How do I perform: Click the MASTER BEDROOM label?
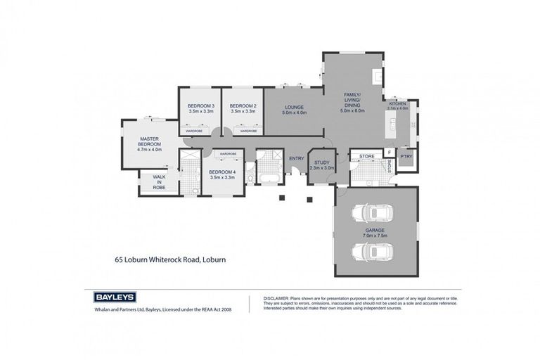click(x=150, y=144)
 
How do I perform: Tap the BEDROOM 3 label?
click(x=200, y=108)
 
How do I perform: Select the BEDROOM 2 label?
click(x=243, y=108)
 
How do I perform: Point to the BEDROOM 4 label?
click(x=222, y=174)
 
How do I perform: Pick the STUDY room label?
click(x=322, y=164)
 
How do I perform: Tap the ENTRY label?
click(x=297, y=158)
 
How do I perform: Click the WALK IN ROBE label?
click(x=159, y=182)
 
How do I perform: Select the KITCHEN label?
click(x=397, y=103)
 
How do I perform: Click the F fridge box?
click(x=387, y=152)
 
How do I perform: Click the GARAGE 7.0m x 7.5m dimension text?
click(x=375, y=234)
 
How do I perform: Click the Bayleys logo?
click(x=115, y=297)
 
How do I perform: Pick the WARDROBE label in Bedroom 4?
click(x=227, y=153)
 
